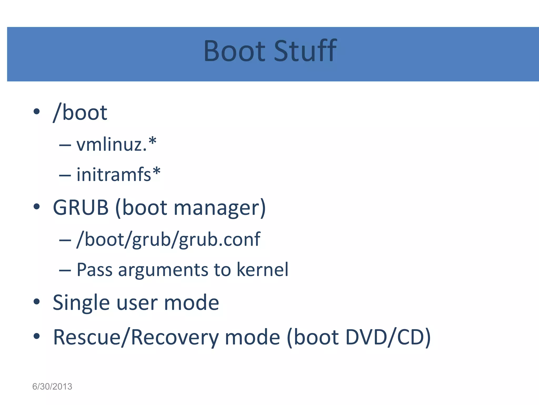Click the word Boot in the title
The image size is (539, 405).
234,51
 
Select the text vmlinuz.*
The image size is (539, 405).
116,144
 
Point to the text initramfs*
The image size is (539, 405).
118,174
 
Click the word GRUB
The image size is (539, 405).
81,208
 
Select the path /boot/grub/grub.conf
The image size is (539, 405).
168,239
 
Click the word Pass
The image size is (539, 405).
94,270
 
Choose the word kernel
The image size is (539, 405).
262,270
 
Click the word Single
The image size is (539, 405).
81,303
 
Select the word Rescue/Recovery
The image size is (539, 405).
136,337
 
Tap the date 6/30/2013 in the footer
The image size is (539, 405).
52,387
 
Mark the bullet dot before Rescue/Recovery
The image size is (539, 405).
37,336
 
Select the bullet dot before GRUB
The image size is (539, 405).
37,207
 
